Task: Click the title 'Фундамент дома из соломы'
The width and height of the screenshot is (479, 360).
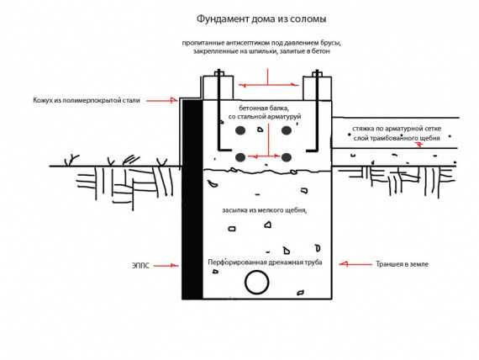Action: [x=261, y=19]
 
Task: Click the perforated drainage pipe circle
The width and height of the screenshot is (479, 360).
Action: [x=245, y=282]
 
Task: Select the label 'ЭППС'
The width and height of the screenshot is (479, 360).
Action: [x=140, y=266]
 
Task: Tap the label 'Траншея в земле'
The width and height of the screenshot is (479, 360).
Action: [x=402, y=264]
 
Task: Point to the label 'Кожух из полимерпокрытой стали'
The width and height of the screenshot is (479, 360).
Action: [x=87, y=100]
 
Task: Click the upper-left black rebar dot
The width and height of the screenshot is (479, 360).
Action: [x=240, y=130]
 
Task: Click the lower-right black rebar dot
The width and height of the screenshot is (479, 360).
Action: [x=287, y=157]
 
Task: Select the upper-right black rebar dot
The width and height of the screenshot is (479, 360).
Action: [x=287, y=130]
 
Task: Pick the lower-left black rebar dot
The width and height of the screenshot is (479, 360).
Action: [x=240, y=157]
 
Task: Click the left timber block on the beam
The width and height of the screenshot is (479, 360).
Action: [x=218, y=87]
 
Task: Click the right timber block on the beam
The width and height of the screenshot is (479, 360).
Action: [x=317, y=88]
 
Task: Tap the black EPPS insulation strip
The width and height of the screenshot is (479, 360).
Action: [x=192, y=199]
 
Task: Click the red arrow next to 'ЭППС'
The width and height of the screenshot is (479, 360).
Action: [x=166, y=266]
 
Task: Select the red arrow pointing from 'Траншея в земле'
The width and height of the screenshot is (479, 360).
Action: [x=355, y=263]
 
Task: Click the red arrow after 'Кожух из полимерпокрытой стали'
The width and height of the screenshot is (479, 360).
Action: [x=161, y=100]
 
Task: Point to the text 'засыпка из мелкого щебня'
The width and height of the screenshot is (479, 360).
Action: [x=264, y=210]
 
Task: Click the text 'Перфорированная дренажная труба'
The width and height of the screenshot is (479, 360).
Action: [x=265, y=262]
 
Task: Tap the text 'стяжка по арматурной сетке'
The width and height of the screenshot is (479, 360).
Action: [x=397, y=129]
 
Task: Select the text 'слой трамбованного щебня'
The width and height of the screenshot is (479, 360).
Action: [x=397, y=138]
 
